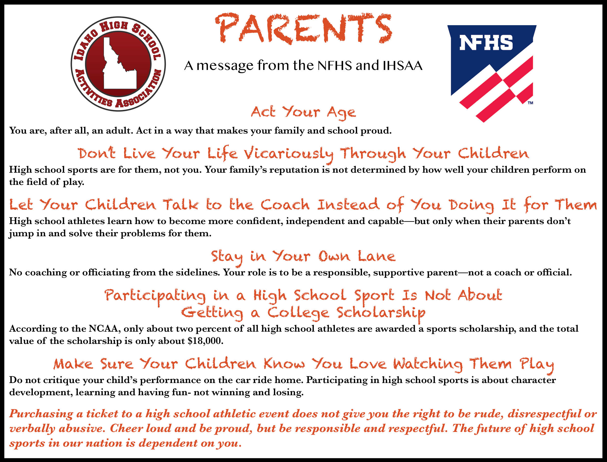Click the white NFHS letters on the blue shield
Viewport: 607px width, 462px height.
coord(486,43)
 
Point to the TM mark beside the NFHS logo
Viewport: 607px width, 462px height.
coord(530,103)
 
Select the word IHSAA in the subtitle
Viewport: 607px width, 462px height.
coord(402,66)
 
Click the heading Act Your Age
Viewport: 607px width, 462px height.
coord(303,112)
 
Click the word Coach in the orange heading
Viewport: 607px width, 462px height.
coord(285,205)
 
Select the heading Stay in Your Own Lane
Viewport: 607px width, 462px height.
coord(303,257)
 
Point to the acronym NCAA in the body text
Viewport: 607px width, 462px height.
coord(103,329)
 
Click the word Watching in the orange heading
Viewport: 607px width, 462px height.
coord(428,365)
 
